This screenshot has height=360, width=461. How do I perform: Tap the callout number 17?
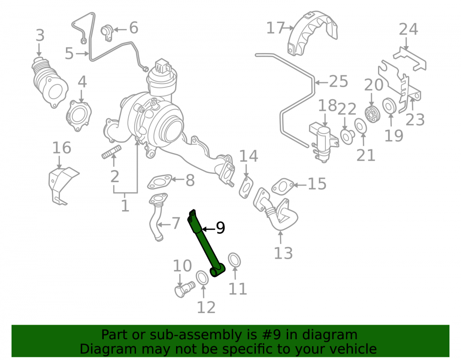[276, 28]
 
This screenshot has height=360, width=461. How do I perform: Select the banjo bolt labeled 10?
[184, 289]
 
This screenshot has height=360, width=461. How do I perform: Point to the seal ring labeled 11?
[234, 260]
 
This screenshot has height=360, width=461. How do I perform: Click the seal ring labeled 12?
[202, 277]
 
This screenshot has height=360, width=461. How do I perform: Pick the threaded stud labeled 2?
[112, 152]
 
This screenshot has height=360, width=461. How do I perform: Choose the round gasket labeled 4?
[78, 116]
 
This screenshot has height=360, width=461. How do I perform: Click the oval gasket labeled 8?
[160, 182]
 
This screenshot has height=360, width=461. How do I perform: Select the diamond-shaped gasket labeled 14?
[246, 188]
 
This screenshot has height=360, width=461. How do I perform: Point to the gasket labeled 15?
[283, 186]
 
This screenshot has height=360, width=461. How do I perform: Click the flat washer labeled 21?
[360, 126]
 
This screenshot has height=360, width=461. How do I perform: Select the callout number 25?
[338, 82]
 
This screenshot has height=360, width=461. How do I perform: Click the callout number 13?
[283, 254]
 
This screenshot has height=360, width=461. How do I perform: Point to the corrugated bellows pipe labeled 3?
[49, 83]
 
